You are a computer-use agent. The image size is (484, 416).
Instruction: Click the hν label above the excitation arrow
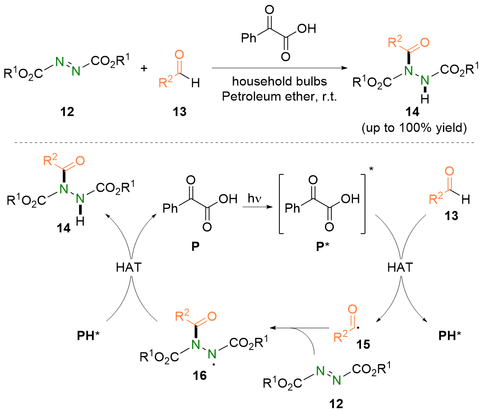pyautogui.click(x=254, y=197)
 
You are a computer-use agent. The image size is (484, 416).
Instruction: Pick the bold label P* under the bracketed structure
pyautogui.click(x=319, y=243)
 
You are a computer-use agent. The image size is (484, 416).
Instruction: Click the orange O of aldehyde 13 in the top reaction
pyautogui.click(x=179, y=55)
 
